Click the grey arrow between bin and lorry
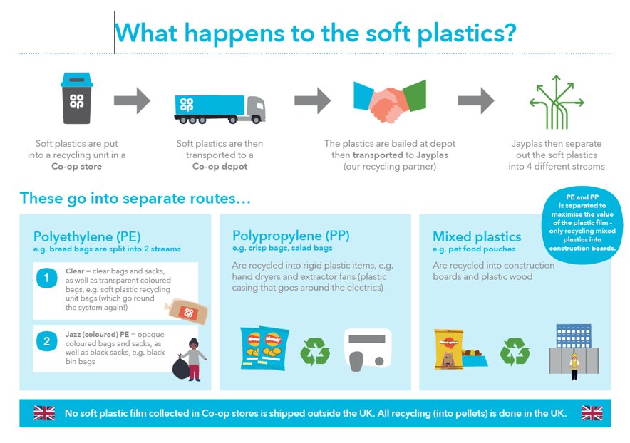(133, 100)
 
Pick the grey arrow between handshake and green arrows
(476, 100)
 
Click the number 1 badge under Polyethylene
(47, 278)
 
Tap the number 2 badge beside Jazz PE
(47, 341)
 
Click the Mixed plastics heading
(477, 236)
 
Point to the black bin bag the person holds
(182, 366)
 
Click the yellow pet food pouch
(445, 349)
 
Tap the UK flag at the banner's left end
(44, 413)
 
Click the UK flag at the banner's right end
(592, 413)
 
